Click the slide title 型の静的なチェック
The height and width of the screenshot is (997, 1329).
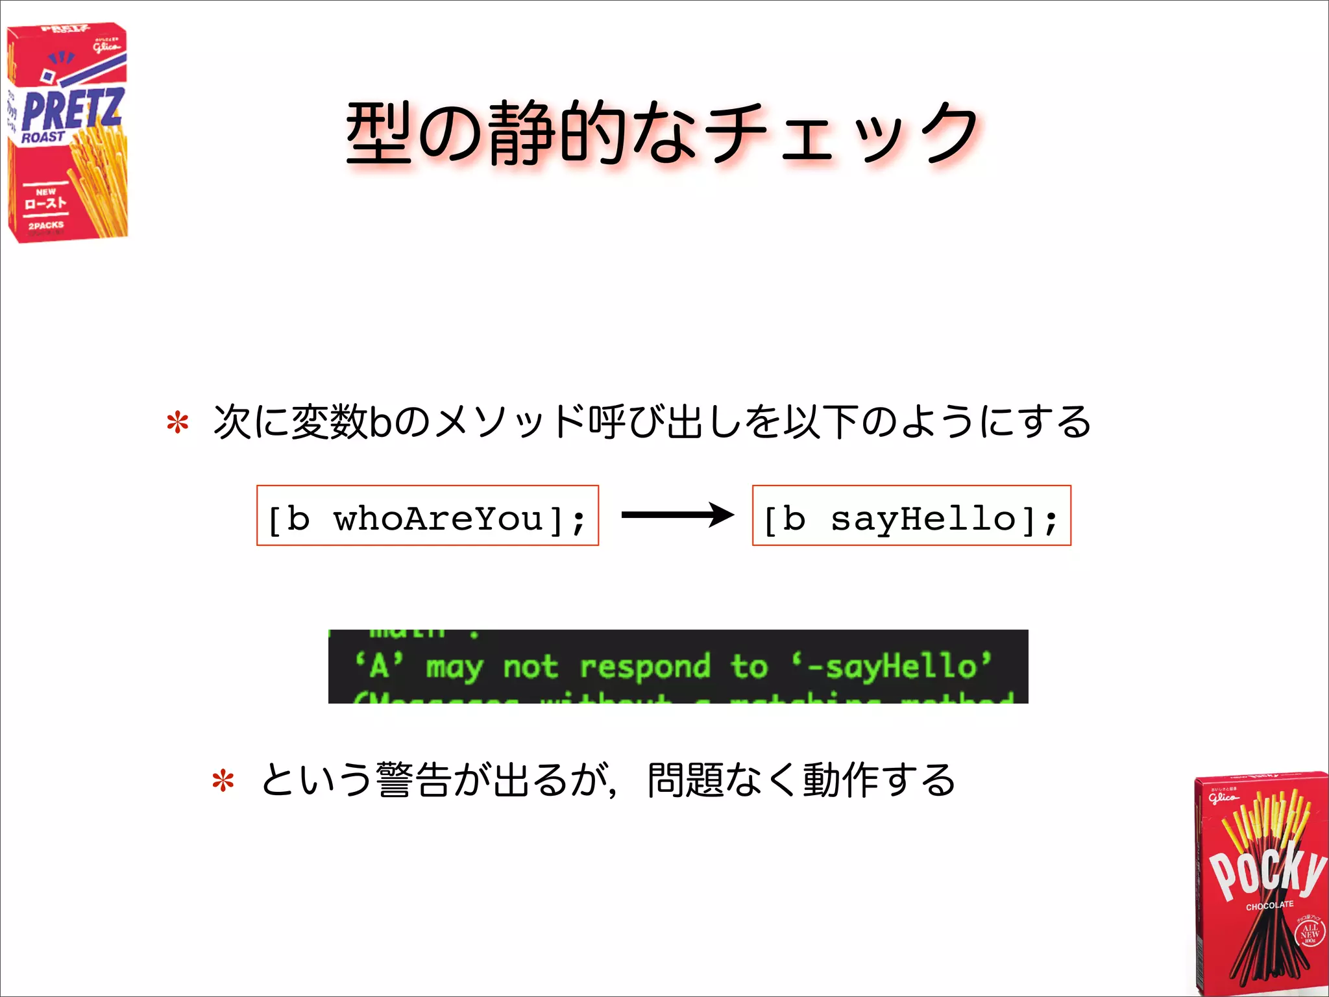662,133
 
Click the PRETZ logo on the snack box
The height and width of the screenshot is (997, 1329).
71,109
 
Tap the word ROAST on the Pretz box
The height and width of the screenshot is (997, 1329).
43,137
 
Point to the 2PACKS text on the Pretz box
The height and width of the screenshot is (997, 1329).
46,225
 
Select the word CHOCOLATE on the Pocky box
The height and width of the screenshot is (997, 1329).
1269,905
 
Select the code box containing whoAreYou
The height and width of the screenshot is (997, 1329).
428,516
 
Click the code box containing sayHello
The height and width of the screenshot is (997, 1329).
911,516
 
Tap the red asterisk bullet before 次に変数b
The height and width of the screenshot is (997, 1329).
177,423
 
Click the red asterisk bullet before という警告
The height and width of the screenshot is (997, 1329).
223,781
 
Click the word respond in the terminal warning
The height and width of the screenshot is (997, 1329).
645,667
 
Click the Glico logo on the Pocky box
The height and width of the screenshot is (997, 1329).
1223,796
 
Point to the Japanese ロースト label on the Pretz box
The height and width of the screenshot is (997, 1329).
45,203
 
